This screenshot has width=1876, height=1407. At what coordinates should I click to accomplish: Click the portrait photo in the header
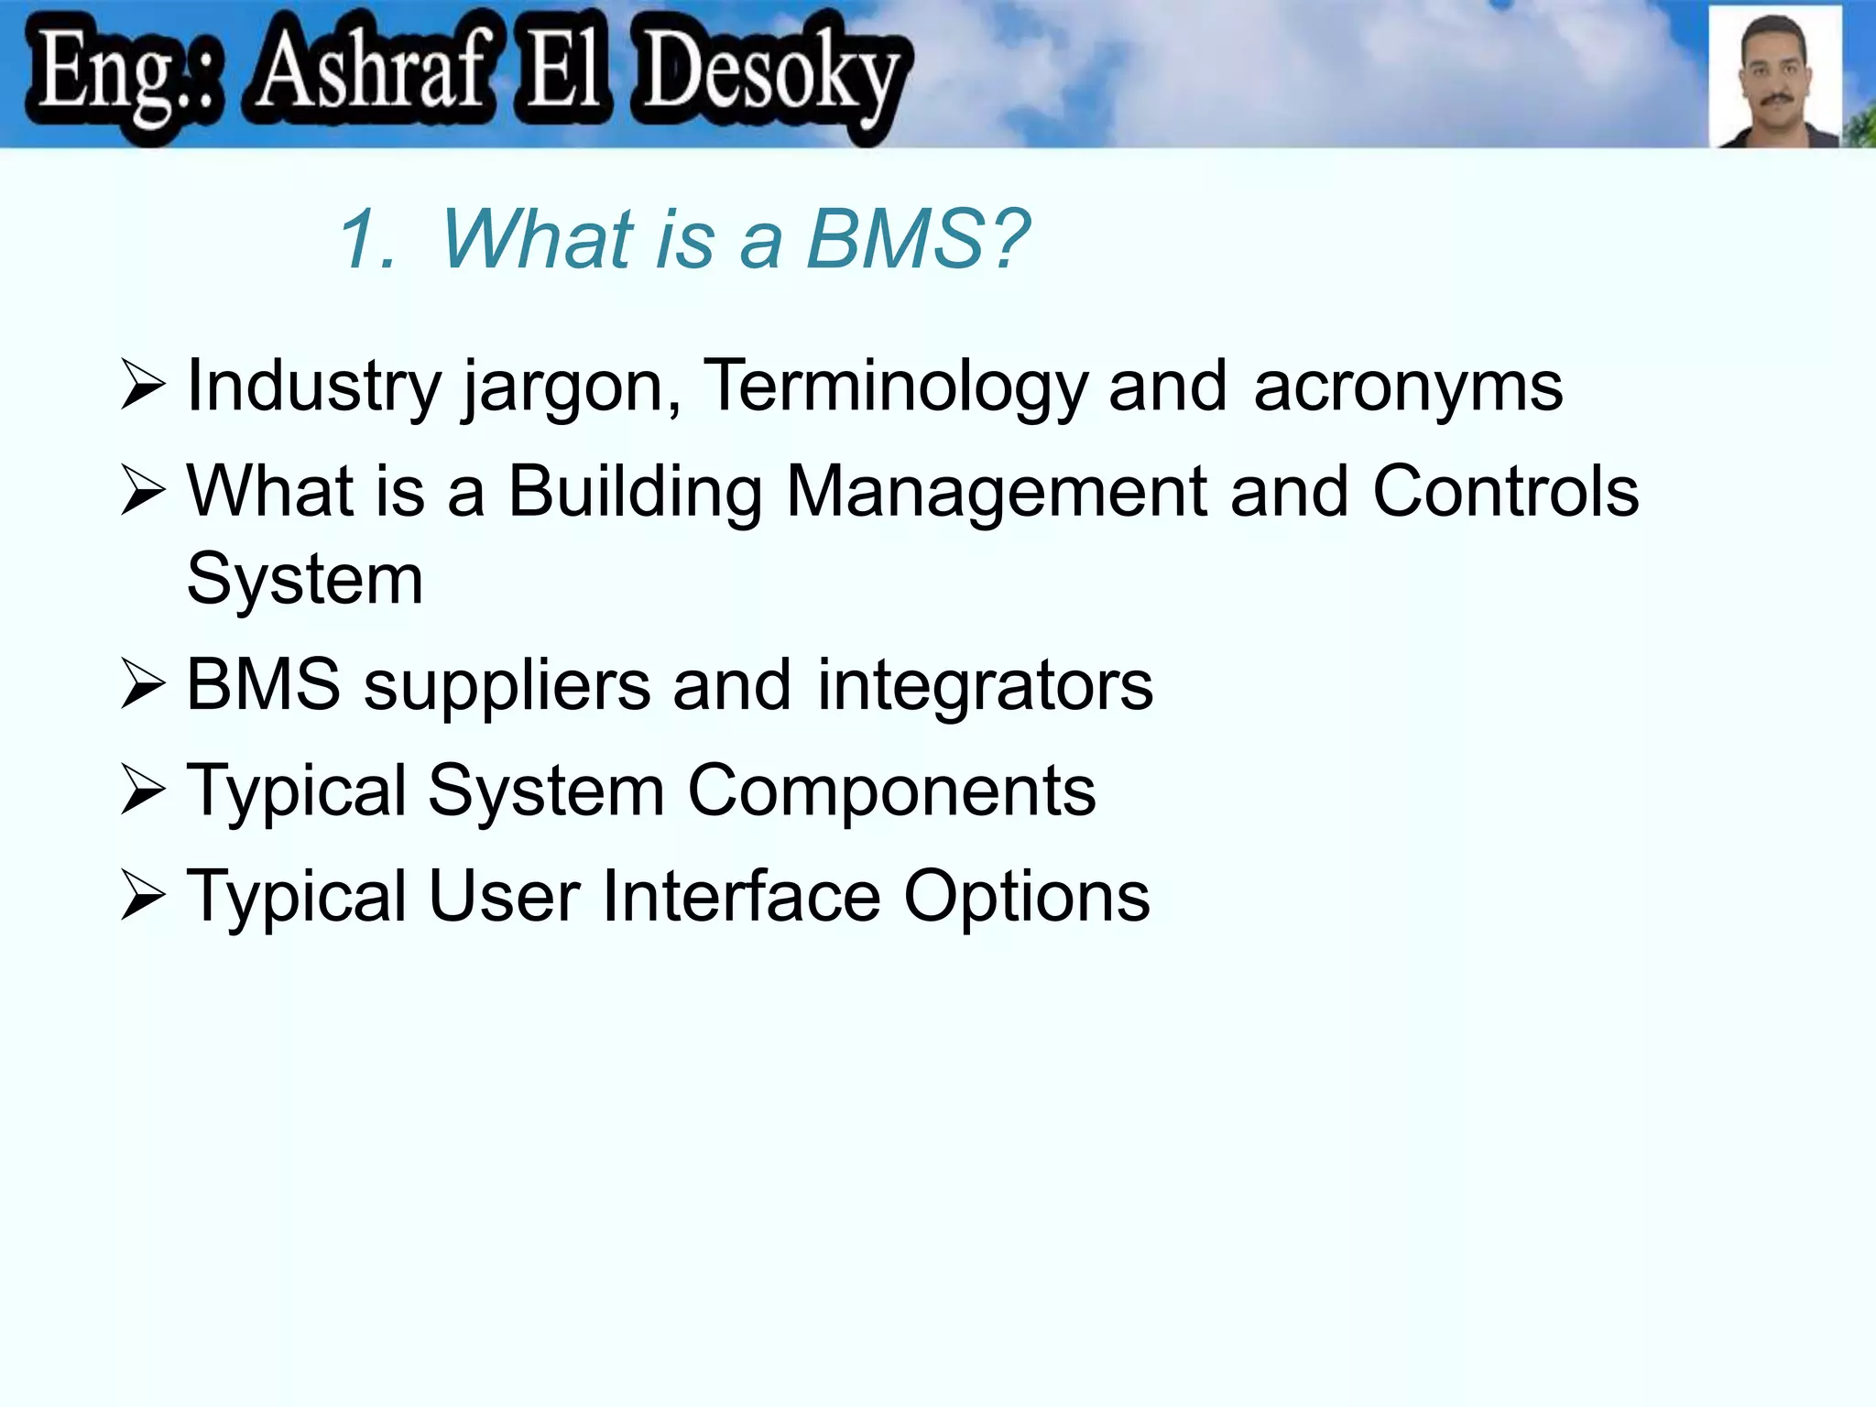[1775, 77]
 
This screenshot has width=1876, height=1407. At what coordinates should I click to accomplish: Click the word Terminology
[894, 387]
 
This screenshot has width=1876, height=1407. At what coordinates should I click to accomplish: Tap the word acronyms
[1408, 387]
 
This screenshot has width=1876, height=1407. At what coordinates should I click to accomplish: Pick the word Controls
[1505, 492]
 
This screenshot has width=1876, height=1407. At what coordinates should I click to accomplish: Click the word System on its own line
[304, 579]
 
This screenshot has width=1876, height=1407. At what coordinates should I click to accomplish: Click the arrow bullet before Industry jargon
[142, 387]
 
